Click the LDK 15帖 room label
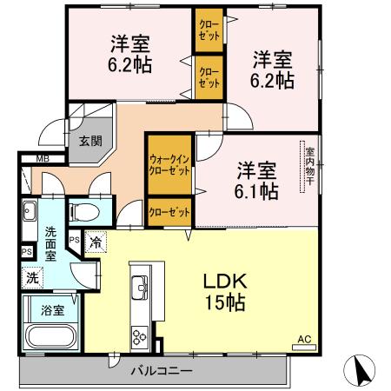225,293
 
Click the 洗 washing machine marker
32,278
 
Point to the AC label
303,339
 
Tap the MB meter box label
41,159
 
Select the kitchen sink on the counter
138,286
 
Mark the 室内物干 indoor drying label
309,169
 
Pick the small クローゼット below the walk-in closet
169,211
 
